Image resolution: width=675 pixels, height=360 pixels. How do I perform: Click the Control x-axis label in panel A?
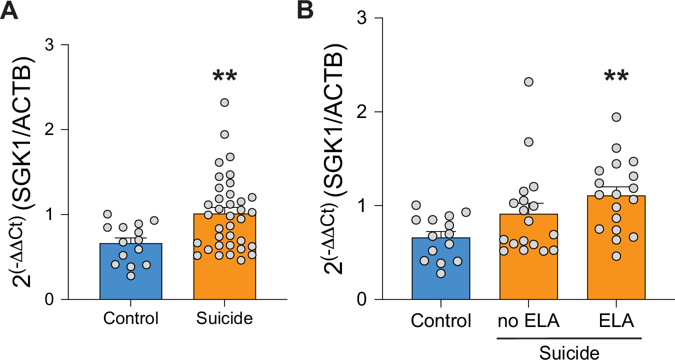pos(131,318)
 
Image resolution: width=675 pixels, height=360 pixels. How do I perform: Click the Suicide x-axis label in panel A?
pos(224,318)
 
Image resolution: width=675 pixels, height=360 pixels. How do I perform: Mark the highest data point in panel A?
pos(224,102)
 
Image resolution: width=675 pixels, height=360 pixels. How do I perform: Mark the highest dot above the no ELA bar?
pos(528,81)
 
